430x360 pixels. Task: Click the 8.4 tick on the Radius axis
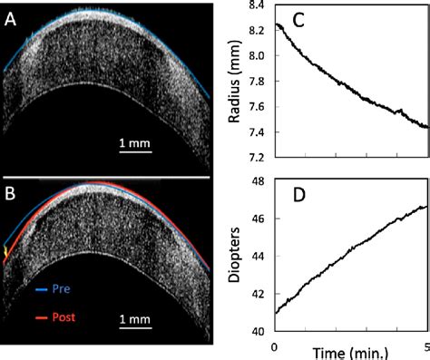257,5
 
